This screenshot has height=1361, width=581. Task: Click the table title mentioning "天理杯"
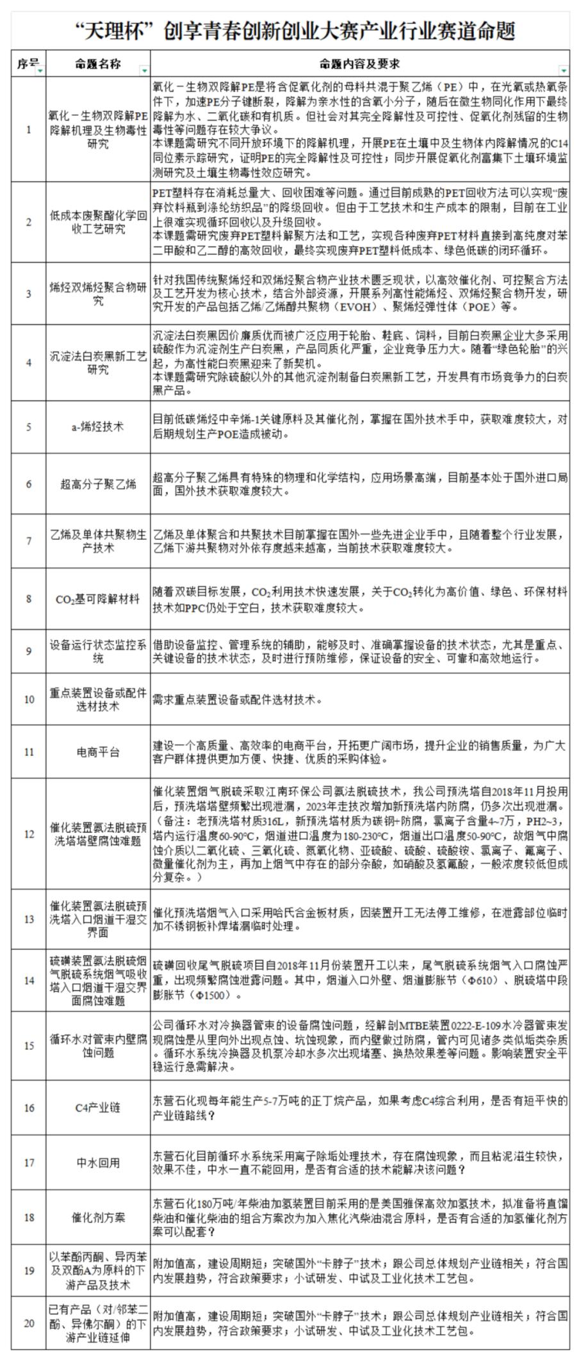(290, 30)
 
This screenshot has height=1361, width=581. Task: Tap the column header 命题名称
(97, 64)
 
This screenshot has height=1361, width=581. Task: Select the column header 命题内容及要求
(359, 64)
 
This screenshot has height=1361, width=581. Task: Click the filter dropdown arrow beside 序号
(40, 70)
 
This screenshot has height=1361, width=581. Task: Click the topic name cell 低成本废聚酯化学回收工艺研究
(97, 222)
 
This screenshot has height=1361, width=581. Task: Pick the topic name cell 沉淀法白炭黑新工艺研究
(97, 363)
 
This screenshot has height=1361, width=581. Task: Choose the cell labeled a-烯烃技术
(97, 426)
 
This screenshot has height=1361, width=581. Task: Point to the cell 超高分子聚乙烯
(97, 484)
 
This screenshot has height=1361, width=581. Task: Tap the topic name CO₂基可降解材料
(97, 599)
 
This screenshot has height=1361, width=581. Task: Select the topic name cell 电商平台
(97, 752)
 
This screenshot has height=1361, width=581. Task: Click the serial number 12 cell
(29, 834)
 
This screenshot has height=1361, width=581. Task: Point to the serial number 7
(29, 541)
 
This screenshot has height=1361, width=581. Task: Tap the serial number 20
(29, 1323)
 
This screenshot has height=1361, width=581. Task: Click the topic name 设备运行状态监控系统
(97, 651)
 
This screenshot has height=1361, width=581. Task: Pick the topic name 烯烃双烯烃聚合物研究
(97, 294)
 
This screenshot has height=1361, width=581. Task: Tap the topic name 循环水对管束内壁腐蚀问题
(97, 1045)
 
